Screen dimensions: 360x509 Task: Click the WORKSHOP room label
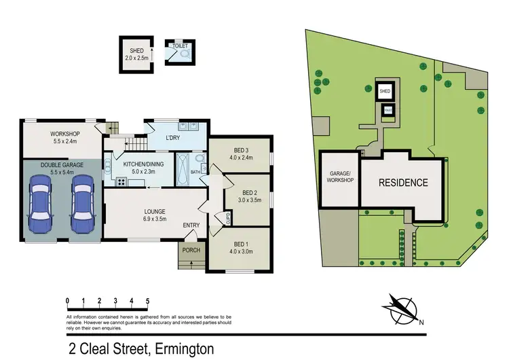pos(65,133)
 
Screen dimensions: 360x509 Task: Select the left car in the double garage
pos(38,203)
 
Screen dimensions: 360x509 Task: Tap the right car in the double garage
pos(82,203)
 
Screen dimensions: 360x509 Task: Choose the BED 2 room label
pos(248,192)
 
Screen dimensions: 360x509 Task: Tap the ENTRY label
pos(191,226)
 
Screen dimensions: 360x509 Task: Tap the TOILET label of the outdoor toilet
pos(178,47)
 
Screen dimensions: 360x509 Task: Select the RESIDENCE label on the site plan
pos(403,182)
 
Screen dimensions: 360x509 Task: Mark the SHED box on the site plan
pos(385,90)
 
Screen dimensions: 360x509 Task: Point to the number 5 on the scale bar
pos(147,300)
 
